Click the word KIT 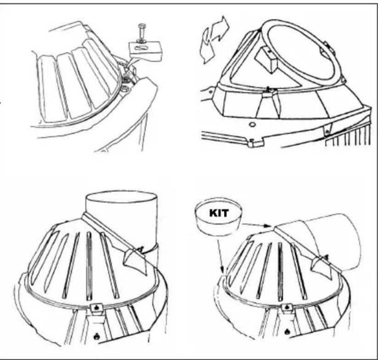219,213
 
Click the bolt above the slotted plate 142,33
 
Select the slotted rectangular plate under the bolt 145,51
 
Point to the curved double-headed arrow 214,40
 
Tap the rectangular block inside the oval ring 267,59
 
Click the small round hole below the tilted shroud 252,124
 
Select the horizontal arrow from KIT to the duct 257,225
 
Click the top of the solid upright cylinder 122,197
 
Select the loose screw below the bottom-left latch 97,336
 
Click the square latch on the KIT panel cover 287,308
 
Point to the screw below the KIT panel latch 287,332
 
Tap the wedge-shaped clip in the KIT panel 322,266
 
